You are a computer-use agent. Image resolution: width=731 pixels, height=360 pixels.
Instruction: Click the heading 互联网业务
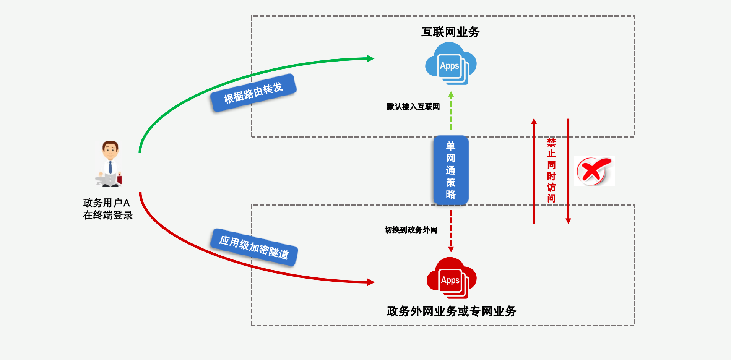click(450, 32)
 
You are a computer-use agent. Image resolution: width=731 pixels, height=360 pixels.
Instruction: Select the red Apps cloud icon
click(451, 278)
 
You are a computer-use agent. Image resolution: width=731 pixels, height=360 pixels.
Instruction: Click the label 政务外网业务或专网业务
click(451, 311)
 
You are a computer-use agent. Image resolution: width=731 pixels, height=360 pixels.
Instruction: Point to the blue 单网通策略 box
click(451, 170)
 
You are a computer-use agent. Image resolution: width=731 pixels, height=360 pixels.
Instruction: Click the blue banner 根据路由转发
click(253, 93)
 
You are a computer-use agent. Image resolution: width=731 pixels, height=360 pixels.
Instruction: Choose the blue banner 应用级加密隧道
click(254, 247)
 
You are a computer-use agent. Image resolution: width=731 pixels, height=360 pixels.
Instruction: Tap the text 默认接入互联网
click(413, 107)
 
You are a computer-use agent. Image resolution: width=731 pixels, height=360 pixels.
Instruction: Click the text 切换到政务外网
click(411, 230)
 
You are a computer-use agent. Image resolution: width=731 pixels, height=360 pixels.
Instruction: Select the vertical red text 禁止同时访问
click(551, 170)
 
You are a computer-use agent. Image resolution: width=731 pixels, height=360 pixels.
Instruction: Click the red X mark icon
click(593, 171)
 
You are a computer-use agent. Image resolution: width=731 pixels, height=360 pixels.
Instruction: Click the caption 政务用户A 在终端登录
click(107, 209)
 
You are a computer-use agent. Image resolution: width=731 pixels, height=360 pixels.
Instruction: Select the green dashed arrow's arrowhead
click(451, 94)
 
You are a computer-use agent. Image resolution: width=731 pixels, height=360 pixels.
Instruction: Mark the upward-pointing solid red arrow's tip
click(534, 121)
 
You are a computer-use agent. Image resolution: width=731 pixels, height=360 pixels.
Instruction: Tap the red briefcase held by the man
click(120, 179)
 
